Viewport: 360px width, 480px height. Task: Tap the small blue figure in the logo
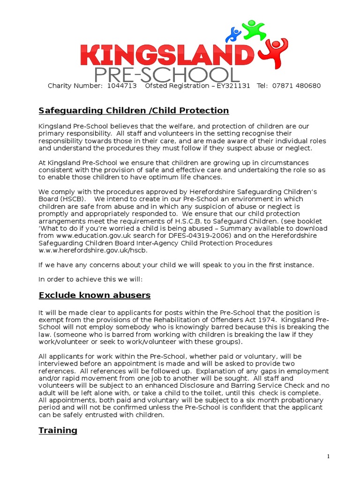pos(233,34)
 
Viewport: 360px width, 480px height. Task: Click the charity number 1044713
pos(122,86)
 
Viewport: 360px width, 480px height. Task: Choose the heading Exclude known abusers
pos(95,295)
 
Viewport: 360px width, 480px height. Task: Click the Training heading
pos(58,430)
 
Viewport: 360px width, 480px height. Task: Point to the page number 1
pos(329,457)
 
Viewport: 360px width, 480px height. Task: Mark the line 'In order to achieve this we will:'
pos(90,280)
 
